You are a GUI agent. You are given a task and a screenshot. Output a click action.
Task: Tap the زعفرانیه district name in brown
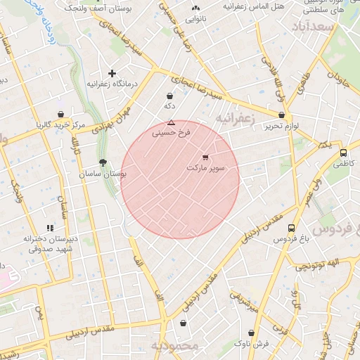233,118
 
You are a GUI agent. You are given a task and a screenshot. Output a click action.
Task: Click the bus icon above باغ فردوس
291,228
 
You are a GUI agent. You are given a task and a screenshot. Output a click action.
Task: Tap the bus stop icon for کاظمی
343,152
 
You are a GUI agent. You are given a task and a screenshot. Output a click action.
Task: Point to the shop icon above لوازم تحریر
282,115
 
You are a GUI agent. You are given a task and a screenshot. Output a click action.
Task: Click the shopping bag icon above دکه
169,96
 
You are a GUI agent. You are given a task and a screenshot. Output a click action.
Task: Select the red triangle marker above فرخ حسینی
171,122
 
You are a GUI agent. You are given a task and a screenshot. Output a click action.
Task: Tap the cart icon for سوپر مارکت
205,157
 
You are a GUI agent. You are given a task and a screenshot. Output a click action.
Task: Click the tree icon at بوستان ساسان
103,162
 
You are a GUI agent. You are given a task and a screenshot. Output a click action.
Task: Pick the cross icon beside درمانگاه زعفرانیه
111,73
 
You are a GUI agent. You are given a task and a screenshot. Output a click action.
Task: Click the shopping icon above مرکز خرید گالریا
61,115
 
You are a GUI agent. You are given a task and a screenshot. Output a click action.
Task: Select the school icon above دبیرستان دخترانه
49,228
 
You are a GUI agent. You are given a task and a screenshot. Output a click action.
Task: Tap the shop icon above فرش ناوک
252,333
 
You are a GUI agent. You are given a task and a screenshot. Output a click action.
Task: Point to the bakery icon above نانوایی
195,9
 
